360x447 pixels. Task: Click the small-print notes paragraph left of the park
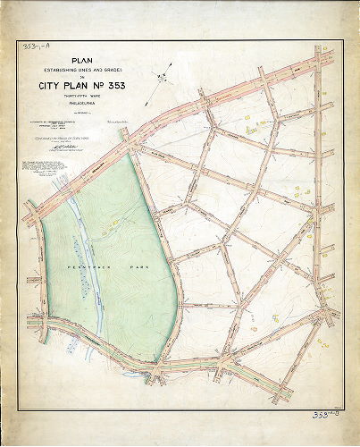coord(40,170)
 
